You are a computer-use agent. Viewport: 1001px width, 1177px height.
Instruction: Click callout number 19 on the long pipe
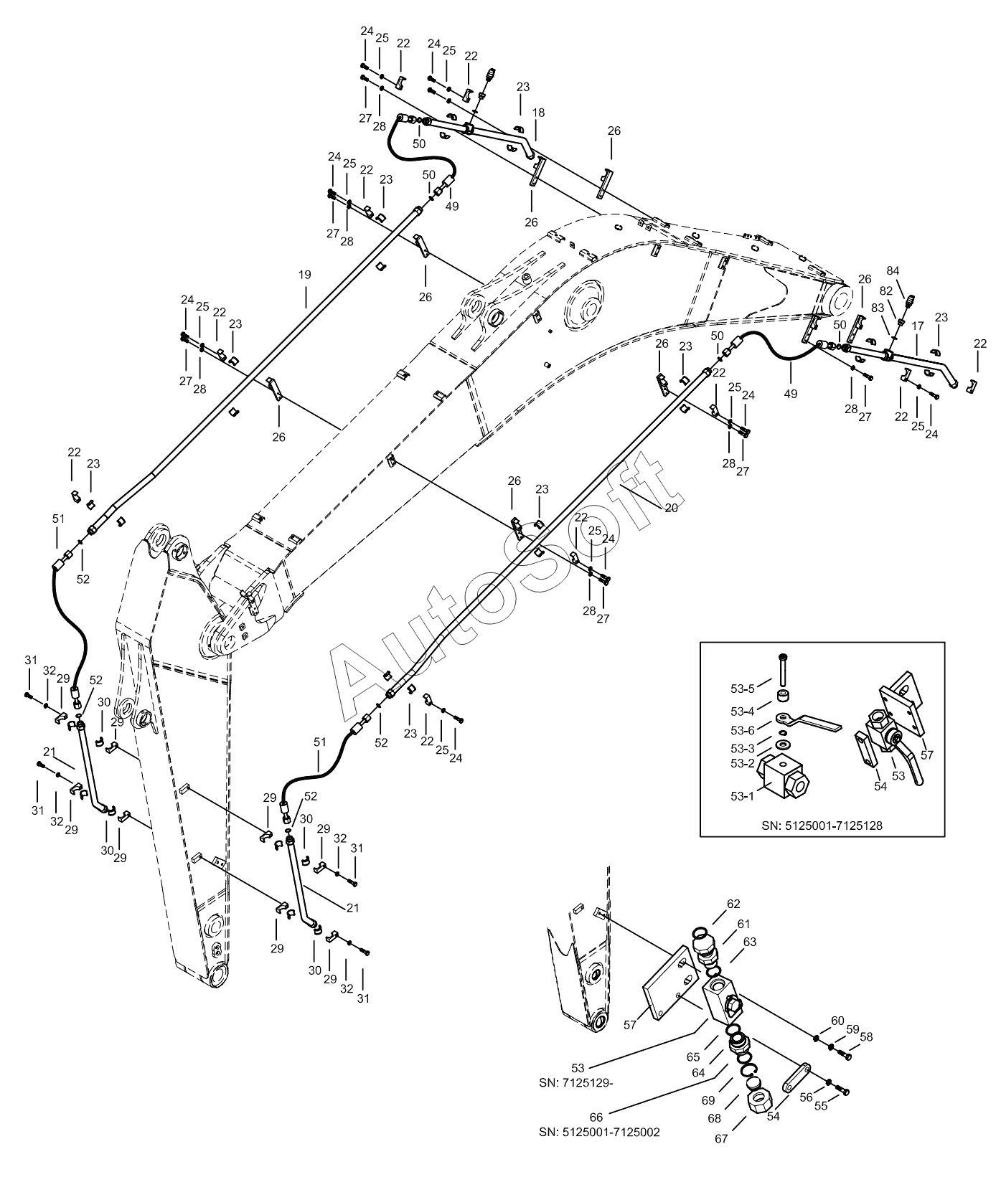tap(305, 274)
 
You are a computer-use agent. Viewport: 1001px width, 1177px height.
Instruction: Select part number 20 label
tap(671, 507)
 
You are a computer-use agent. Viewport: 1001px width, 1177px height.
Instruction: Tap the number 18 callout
tap(538, 113)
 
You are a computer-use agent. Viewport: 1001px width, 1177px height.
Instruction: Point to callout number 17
tap(918, 326)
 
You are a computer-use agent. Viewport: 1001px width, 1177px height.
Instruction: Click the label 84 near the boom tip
tap(893, 270)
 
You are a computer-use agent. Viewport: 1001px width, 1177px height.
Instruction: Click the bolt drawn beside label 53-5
tap(783, 669)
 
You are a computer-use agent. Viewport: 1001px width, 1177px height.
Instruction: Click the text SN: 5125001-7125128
tap(822, 826)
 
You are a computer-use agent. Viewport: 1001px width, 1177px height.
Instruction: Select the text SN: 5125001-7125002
tap(600, 1133)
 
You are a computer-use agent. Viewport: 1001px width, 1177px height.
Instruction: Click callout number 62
tap(733, 904)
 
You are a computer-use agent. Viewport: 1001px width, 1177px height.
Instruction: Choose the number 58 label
tap(866, 1037)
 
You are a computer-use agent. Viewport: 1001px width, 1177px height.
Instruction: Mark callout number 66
tap(596, 1117)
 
